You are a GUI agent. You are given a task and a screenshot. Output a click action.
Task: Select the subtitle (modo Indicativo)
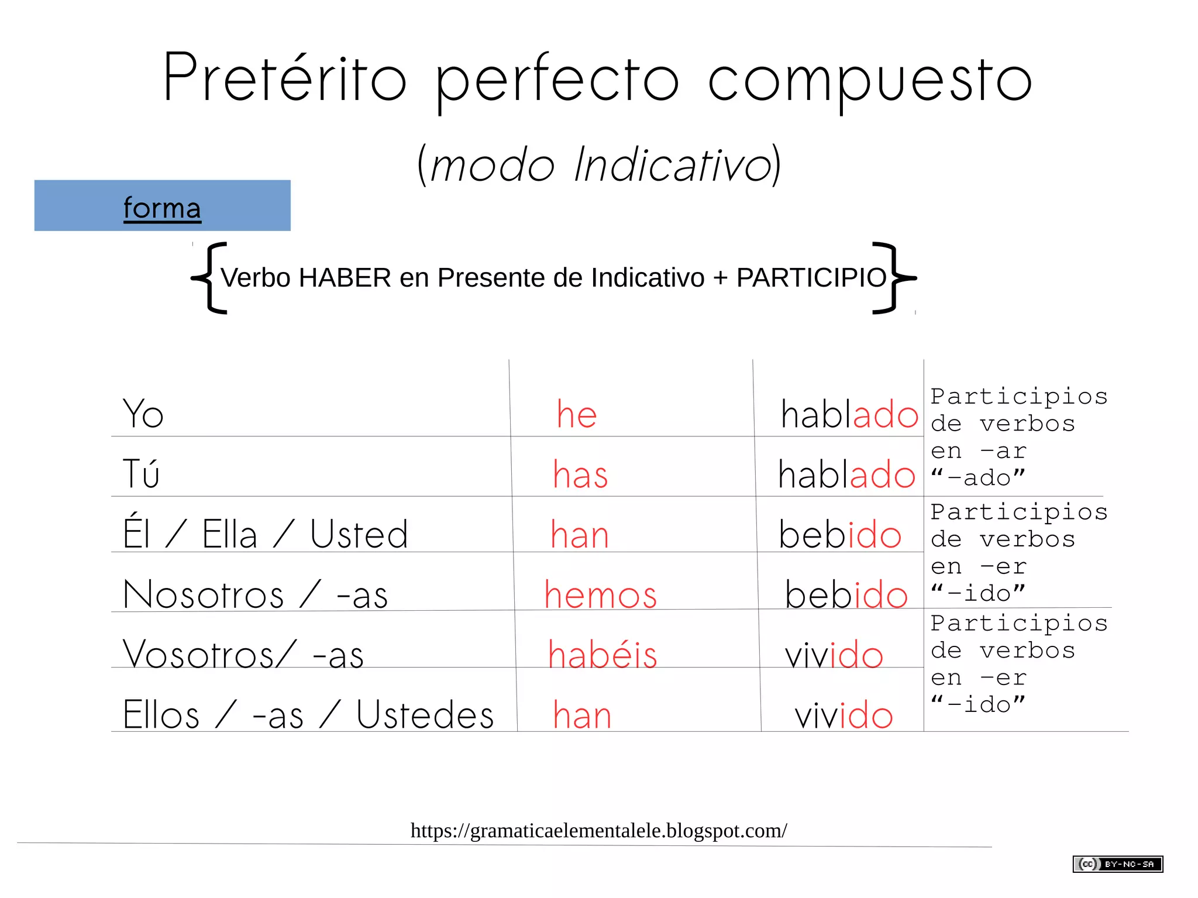(x=599, y=165)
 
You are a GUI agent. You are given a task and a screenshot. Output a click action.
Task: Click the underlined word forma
(x=162, y=208)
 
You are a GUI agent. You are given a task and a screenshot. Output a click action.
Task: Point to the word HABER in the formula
(x=345, y=278)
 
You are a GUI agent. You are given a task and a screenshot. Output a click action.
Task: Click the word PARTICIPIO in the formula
(x=811, y=278)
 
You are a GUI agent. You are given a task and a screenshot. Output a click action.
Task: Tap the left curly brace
(x=209, y=278)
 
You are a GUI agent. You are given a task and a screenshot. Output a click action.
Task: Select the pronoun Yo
(x=143, y=414)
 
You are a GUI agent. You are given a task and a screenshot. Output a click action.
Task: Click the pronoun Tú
(x=141, y=473)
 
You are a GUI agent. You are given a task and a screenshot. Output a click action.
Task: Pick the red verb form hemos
(x=601, y=595)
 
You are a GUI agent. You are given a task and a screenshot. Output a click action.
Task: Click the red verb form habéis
(x=603, y=654)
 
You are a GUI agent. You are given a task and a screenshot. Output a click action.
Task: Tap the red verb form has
(x=580, y=474)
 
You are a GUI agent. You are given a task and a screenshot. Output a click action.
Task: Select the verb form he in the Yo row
(x=576, y=414)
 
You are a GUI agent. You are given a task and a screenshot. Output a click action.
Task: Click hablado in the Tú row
(x=846, y=474)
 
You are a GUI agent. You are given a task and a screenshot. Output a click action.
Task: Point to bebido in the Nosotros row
(x=846, y=595)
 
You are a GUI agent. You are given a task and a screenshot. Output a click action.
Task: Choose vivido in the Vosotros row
(x=834, y=655)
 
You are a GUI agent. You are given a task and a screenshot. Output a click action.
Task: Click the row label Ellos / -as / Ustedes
(x=308, y=715)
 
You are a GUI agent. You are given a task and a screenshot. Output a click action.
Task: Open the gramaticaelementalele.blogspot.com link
(x=598, y=830)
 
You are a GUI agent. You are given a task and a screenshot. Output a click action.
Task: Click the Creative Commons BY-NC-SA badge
(x=1117, y=864)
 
